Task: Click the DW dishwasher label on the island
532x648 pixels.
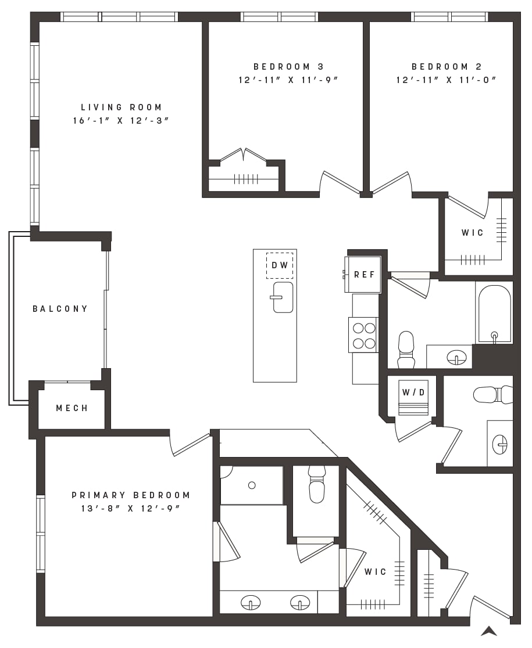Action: pos(280,265)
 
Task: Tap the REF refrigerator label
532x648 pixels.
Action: pos(365,275)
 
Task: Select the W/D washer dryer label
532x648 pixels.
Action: pos(414,392)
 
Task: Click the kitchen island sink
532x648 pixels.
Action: pos(283,297)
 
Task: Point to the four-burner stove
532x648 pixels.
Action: pos(363,335)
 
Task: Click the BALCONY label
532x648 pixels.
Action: pos(60,309)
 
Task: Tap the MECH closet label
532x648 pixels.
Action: pos(72,408)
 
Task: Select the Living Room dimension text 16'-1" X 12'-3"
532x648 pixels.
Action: pos(121,121)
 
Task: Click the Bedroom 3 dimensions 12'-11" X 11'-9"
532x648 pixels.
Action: pos(288,80)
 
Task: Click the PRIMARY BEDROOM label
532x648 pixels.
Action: pos(131,495)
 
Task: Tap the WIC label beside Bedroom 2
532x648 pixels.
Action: pos(473,233)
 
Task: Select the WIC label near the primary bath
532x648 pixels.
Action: pos(375,571)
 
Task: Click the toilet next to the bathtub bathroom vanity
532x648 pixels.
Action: pos(406,349)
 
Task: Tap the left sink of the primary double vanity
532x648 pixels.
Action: pos(251,602)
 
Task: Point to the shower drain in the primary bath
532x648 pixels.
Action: pos(252,485)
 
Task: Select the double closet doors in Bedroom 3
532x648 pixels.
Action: pos(244,156)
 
